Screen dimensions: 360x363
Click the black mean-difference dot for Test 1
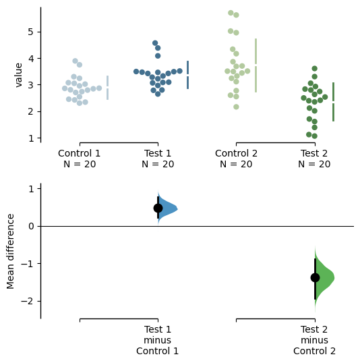click(x=158, y=208)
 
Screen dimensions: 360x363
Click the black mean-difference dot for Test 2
click(x=315, y=277)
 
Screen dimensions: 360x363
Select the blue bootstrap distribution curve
click(x=167, y=208)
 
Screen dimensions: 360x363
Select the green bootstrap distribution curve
click(x=324, y=278)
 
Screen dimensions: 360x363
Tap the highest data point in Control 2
click(x=231, y=13)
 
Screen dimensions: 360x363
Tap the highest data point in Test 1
click(x=155, y=43)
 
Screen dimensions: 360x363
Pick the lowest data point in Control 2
click(x=236, y=107)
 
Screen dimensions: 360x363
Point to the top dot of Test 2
click(x=314, y=68)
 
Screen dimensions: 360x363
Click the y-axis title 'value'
click(x=18, y=76)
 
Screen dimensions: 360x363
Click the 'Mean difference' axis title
click(x=10, y=252)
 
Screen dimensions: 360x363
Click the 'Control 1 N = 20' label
click(x=80, y=159)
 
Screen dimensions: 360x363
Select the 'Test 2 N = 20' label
click(x=314, y=159)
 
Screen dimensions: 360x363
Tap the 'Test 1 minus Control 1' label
click(x=157, y=340)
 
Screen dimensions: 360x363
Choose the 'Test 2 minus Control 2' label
click(x=314, y=340)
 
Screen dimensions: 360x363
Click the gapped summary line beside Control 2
click(x=256, y=65)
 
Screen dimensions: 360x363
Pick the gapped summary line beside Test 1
click(x=187, y=75)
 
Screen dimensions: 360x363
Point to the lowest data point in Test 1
click(x=158, y=94)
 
